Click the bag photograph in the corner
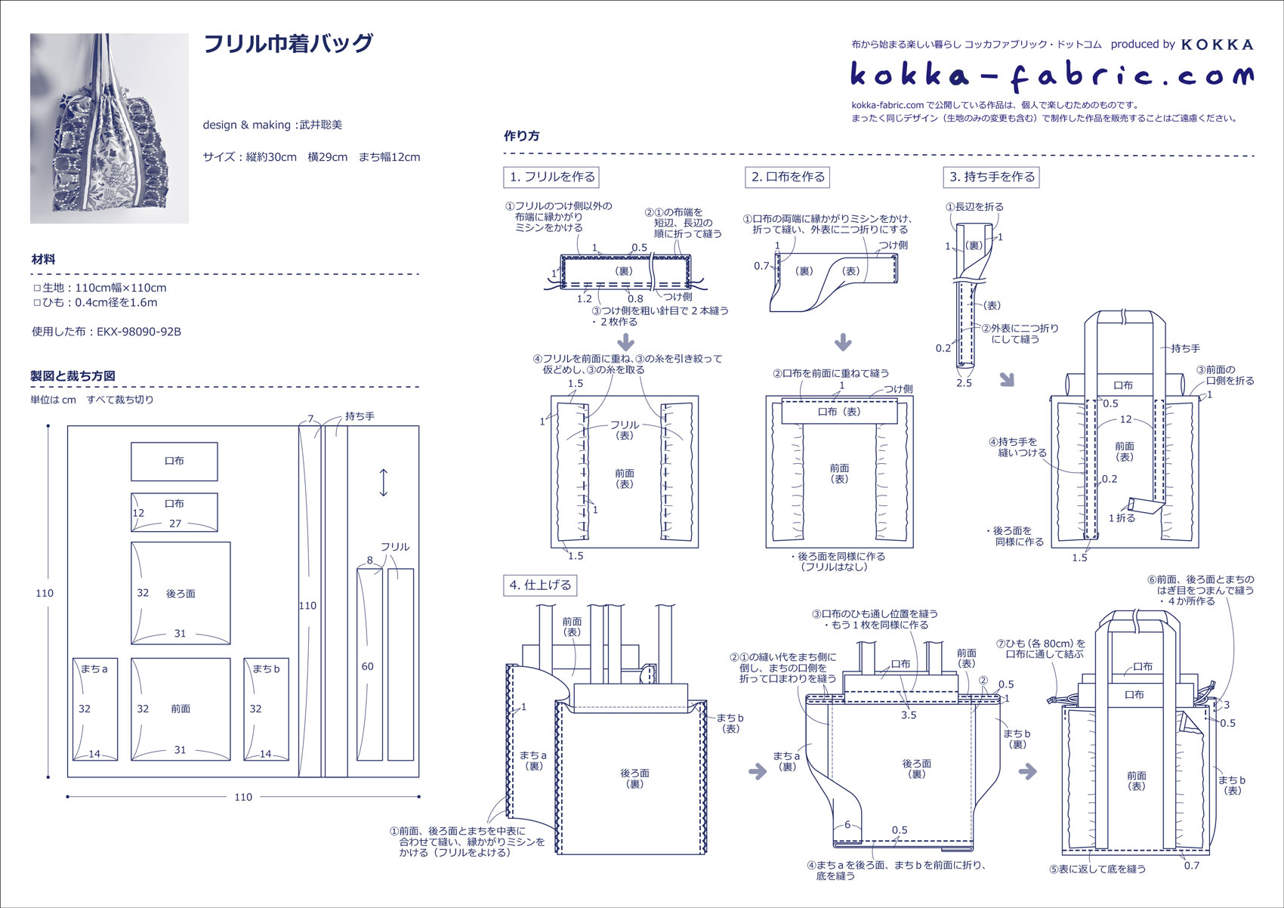pyautogui.click(x=110, y=128)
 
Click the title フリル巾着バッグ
pyautogui.click(x=289, y=44)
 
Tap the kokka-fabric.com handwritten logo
pyautogui.click(x=1051, y=75)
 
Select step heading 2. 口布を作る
pyautogui.click(x=788, y=177)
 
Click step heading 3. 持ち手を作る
pyautogui.click(x=992, y=177)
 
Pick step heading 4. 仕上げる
pyautogui.click(x=540, y=585)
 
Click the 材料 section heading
pyautogui.click(x=43, y=259)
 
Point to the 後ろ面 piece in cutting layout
pyautogui.click(x=181, y=594)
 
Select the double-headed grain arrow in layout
pyautogui.click(x=384, y=483)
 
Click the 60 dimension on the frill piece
pyautogui.click(x=368, y=666)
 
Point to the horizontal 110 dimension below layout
pyautogui.click(x=243, y=797)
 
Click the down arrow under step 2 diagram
pyautogui.click(x=843, y=342)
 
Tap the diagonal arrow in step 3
pyautogui.click(x=1007, y=378)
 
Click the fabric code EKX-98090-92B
pyautogui.click(x=139, y=332)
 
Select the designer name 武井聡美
pyautogui.click(x=320, y=125)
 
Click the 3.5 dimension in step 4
pyautogui.click(x=909, y=715)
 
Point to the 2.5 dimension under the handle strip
pyautogui.click(x=964, y=383)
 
